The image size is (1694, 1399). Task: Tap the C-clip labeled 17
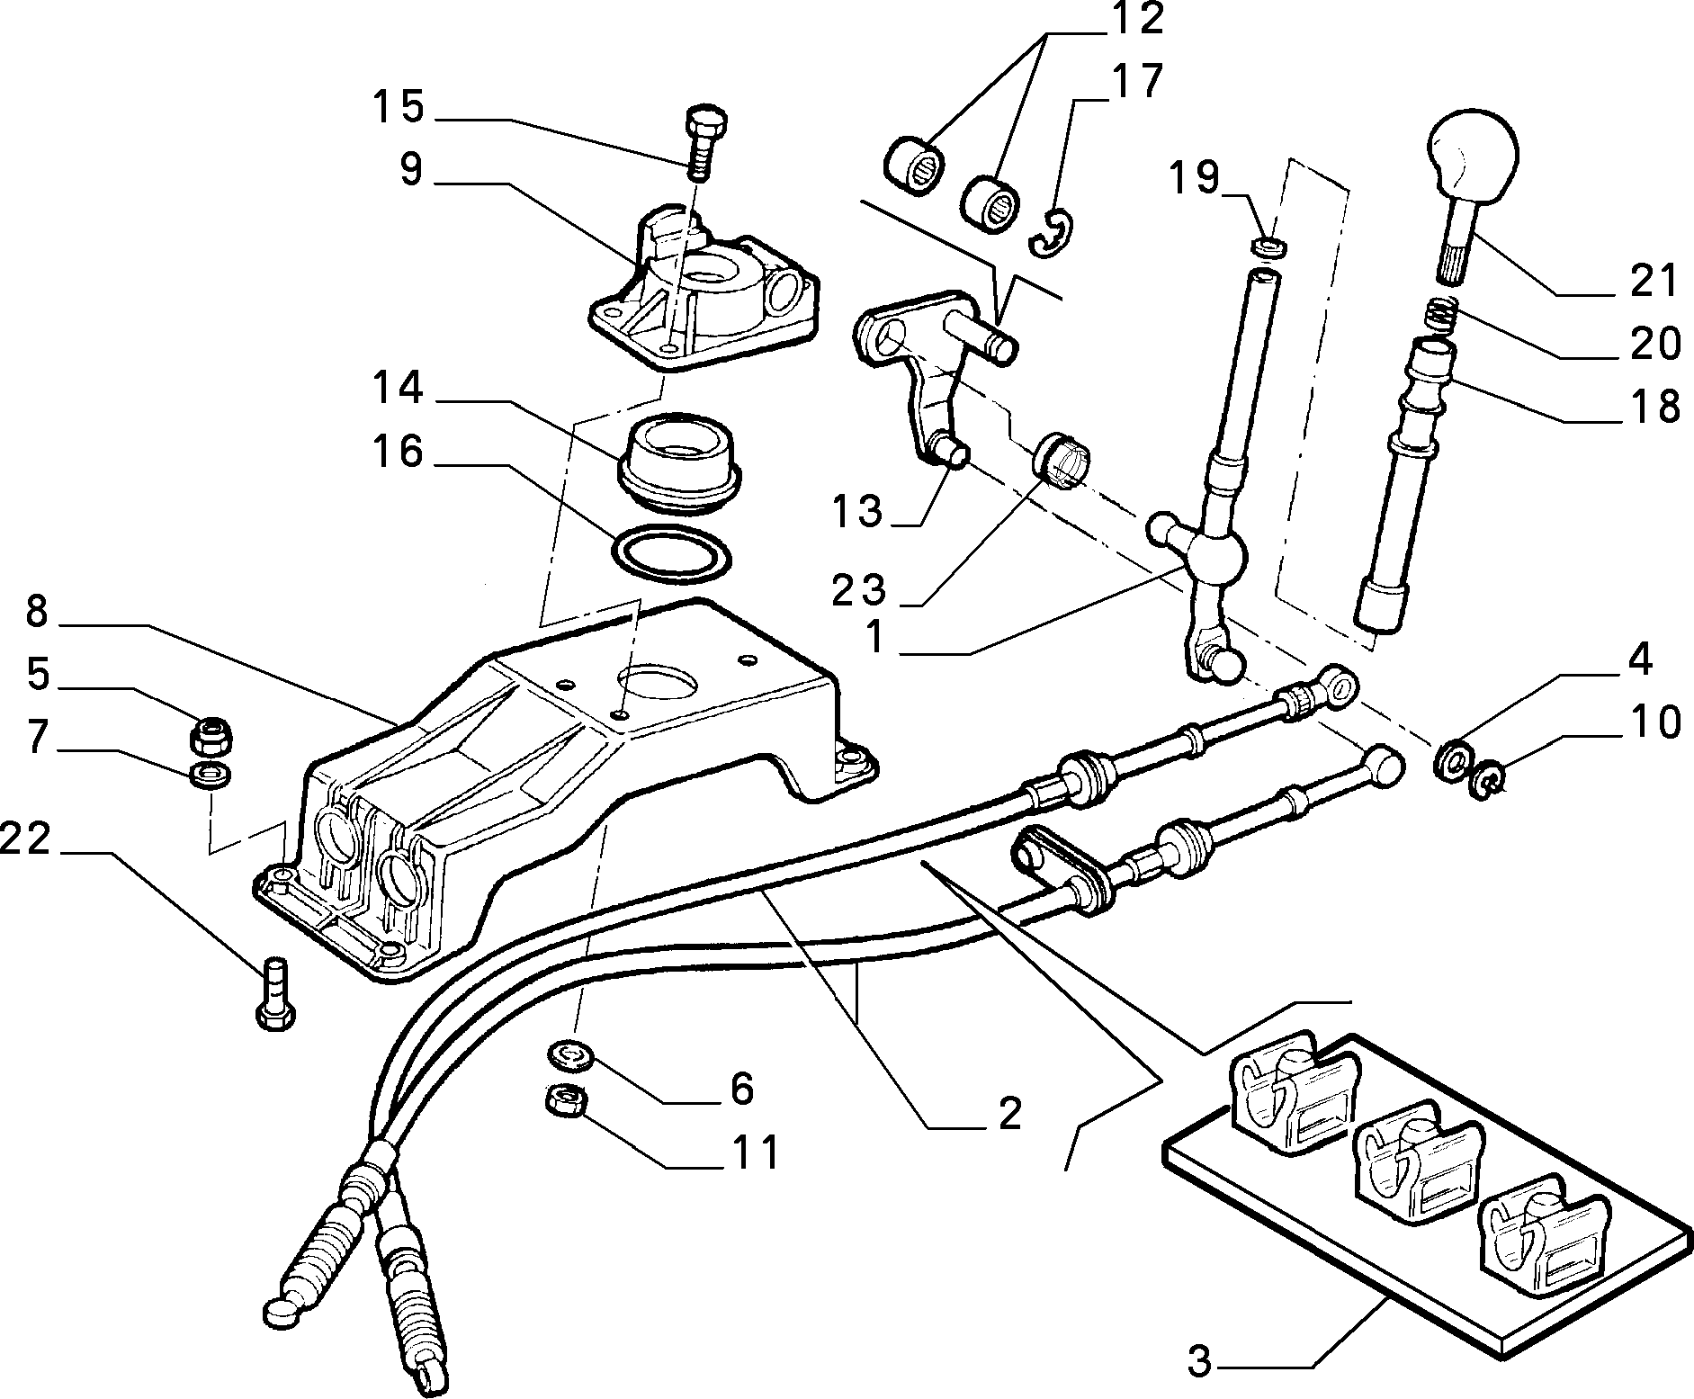pos(1047,236)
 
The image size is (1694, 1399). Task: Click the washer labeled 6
pos(567,1053)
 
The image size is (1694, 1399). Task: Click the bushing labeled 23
pos(1063,462)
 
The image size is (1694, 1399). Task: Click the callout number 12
pos(1135,18)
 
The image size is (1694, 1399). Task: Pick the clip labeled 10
pos(1485,776)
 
